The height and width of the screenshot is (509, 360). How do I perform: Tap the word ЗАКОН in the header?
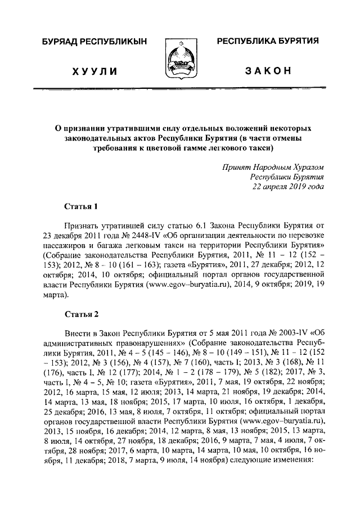pos(268,71)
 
